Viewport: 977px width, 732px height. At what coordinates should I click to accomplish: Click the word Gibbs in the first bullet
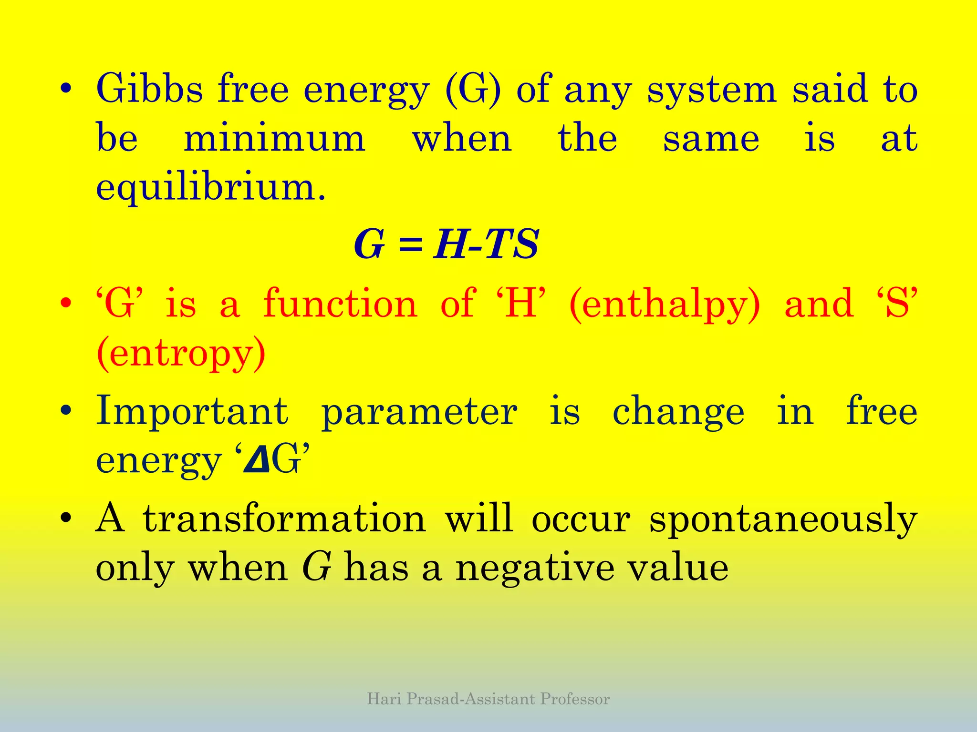[x=149, y=89]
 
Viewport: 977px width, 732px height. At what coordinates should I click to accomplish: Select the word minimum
[x=274, y=139]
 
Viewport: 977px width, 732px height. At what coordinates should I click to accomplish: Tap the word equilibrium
[x=210, y=188]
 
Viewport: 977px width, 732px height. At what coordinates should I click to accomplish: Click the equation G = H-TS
[x=446, y=244]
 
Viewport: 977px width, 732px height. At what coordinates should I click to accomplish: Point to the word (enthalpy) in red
[x=665, y=305]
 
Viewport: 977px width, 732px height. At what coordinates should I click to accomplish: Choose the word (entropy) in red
[x=181, y=354]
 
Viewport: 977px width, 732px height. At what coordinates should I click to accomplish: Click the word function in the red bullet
[x=341, y=304]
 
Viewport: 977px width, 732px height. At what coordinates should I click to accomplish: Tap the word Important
[x=192, y=412]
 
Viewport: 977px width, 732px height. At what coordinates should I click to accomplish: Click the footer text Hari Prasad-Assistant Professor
[x=488, y=699]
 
